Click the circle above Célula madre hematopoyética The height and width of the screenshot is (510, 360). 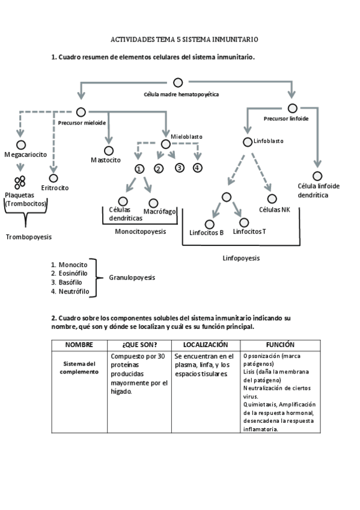pyautogui.click(x=178, y=82)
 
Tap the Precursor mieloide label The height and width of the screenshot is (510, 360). pyautogui.click(x=82, y=123)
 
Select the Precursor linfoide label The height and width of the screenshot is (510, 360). pyautogui.click(x=286, y=118)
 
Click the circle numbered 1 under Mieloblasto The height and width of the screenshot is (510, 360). pyautogui.click(x=139, y=169)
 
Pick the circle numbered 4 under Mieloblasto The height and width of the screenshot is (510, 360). pyautogui.click(x=198, y=168)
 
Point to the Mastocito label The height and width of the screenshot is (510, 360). pyautogui.click(x=106, y=160)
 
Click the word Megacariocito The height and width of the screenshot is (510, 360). pyautogui.click(x=25, y=155)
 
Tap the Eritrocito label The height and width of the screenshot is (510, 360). pyautogui.click(x=55, y=188)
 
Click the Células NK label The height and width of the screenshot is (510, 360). pyautogui.click(x=274, y=209)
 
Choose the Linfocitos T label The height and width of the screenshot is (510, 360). pyautogui.click(x=249, y=231)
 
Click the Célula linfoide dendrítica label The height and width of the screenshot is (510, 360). pyautogui.click(x=317, y=191)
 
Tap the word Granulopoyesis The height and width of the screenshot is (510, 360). pyautogui.click(x=132, y=278)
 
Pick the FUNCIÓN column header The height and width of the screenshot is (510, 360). pyautogui.click(x=280, y=345)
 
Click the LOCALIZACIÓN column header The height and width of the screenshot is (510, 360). pyautogui.click(x=206, y=345)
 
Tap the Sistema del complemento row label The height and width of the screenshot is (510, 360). pyautogui.click(x=80, y=367)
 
